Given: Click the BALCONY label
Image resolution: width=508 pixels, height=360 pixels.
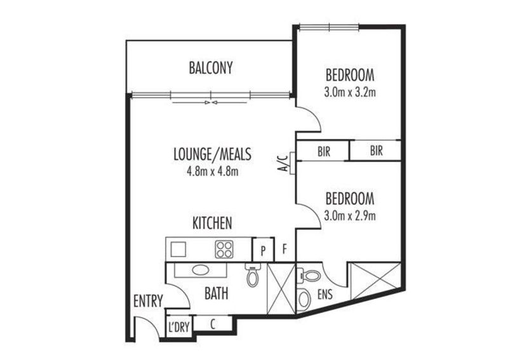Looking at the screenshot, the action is pyautogui.click(x=211, y=68).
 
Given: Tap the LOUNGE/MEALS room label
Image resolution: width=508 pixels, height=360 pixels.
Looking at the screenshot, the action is pyautogui.click(x=212, y=154).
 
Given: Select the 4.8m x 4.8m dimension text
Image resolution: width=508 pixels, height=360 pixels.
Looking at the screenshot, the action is pyautogui.click(x=212, y=171).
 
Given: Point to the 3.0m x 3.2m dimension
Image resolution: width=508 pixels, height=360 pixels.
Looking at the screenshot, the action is pyautogui.click(x=350, y=92).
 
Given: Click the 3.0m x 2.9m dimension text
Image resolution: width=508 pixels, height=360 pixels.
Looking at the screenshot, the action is pyautogui.click(x=350, y=215).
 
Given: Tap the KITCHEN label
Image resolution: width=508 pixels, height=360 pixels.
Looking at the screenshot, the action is pyautogui.click(x=212, y=223).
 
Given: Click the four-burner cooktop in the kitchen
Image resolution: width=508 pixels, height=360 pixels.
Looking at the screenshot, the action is pyautogui.click(x=224, y=249).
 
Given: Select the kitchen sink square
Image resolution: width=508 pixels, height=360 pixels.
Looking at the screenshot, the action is pyautogui.click(x=178, y=249).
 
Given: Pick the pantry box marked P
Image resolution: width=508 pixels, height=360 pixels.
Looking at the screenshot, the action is pyautogui.click(x=263, y=250).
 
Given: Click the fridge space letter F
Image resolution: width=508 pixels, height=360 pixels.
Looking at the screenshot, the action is pyautogui.click(x=284, y=249).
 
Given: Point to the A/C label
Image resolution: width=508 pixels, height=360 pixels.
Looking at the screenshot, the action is pyautogui.click(x=283, y=163).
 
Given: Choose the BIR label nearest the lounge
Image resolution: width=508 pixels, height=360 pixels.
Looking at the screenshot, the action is pyautogui.click(x=324, y=151).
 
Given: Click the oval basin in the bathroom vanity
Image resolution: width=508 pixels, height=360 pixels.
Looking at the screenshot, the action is pyautogui.click(x=201, y=270).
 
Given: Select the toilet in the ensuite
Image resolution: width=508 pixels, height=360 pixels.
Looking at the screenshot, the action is pyautogui.click(x=310, y=276).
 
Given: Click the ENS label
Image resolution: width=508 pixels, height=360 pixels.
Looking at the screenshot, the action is pyautogui.click(x=325, y=295).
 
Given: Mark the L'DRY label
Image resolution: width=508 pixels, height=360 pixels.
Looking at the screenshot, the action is pyautogui.click(x=178, y=327).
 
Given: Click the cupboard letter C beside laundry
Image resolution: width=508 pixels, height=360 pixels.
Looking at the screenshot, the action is pyautogui.click(x=213, y=324).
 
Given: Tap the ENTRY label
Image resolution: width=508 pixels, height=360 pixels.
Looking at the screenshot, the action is pyautogui.click(x=148, y=301).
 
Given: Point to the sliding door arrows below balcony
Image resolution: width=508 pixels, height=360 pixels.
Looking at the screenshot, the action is pyautogui.click(x=210, y=103).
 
